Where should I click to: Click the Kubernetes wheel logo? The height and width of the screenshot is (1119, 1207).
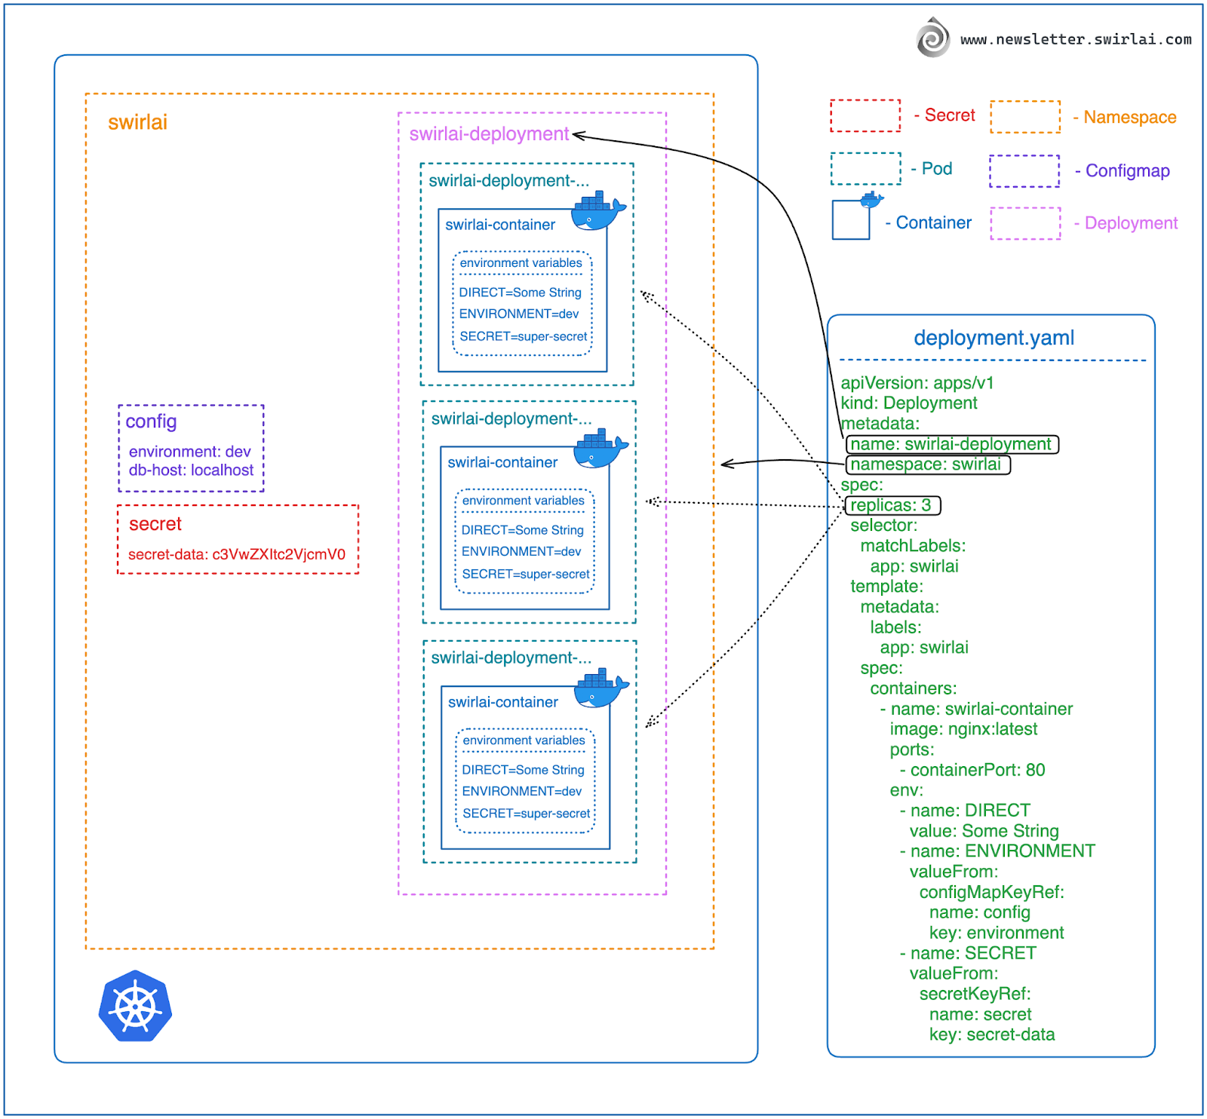point(136,1006)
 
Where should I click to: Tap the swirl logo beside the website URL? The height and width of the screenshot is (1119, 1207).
point(933,38)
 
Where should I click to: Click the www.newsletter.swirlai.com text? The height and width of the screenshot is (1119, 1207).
point(1076,39)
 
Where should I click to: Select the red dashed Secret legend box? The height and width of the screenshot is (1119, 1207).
point(865,115)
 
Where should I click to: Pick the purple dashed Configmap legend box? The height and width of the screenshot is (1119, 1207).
point(1024,170)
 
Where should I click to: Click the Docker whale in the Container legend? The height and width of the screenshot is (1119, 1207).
point(872,200)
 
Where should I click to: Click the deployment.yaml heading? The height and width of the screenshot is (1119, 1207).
point(994,338)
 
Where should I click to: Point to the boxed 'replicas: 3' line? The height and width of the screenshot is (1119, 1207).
point(892,505)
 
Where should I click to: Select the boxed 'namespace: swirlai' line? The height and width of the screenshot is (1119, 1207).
point(927,464)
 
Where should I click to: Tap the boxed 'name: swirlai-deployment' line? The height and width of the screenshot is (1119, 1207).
point(951,444)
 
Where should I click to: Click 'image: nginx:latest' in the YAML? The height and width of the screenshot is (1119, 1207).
point(963,729)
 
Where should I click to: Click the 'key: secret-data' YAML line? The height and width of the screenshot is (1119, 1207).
point(991,1035)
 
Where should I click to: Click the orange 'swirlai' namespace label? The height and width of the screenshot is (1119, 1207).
point(137,122)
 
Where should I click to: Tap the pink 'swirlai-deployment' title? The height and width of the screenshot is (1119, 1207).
point(489,134)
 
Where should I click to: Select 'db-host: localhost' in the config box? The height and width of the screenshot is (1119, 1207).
point(191,471)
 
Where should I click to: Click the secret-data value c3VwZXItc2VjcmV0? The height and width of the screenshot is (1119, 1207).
point(278,555)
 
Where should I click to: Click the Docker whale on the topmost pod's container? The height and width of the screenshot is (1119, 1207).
point(598,211)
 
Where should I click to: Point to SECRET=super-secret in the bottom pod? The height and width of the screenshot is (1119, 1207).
point(526,814)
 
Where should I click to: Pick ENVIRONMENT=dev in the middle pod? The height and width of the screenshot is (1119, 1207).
point(521,552)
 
